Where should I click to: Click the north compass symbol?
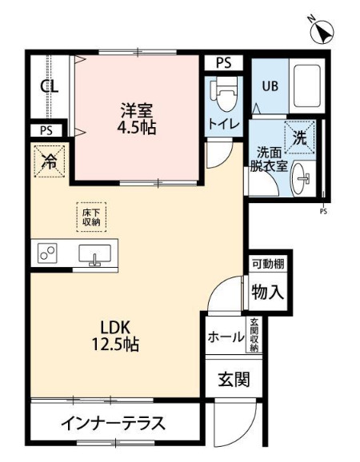(323, 33)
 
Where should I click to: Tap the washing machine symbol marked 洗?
(298, 137)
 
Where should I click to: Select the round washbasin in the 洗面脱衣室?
(302, 180)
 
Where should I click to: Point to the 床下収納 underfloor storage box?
(90, 217)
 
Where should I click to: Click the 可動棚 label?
(268, 264)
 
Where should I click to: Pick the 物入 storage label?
(268, 292)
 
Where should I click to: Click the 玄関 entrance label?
(233, 379)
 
